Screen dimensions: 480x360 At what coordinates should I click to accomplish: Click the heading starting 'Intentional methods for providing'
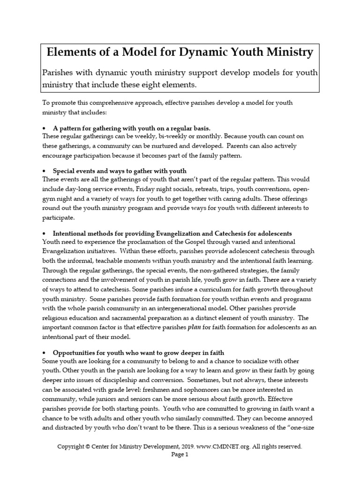click(172, 233)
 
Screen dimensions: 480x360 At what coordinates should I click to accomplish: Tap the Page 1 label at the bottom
click(180, 455)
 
